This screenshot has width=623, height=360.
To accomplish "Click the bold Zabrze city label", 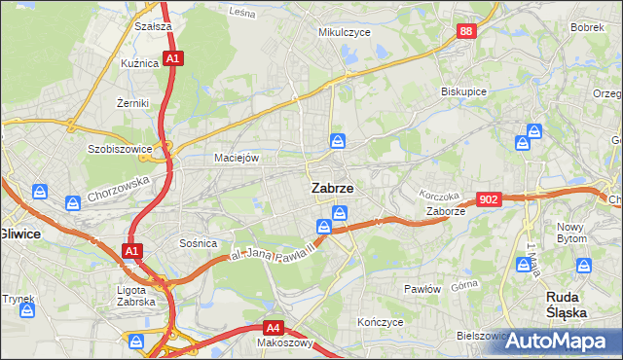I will (332, 188).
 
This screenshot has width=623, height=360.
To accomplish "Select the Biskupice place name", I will (463, 91).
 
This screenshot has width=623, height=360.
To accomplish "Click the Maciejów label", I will (236, 158).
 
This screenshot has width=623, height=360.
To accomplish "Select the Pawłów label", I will (422, 290).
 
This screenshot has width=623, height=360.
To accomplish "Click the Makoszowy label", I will (284, 343).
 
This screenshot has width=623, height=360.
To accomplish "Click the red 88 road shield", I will (467, 32).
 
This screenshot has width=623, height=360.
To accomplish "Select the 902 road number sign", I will (490, 198).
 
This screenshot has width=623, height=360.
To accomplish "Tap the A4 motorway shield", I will (275, 328).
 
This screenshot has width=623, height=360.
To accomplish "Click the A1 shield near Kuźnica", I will (172, 59).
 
